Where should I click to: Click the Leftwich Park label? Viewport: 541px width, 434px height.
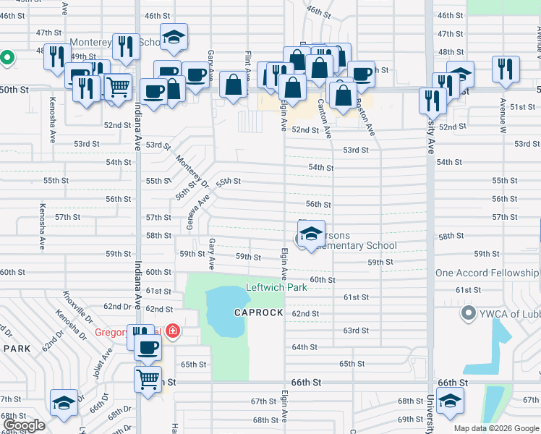(x=276, y=287)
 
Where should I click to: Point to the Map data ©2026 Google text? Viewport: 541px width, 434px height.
(x=496, y=428)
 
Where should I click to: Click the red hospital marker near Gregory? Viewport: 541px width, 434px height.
(x=172, y=332)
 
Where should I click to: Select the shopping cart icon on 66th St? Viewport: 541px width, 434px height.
(x=148, y=378)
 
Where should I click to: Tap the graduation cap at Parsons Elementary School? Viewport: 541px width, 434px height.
(x=311, y=234)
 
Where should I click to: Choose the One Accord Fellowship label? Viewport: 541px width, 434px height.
(x=487, y=273)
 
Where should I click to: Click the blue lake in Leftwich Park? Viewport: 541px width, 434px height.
(x=224, y=311)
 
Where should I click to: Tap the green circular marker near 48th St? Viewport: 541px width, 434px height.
(x=7, y=57)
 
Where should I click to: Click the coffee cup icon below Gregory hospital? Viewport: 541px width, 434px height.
(x=148, y=347)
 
